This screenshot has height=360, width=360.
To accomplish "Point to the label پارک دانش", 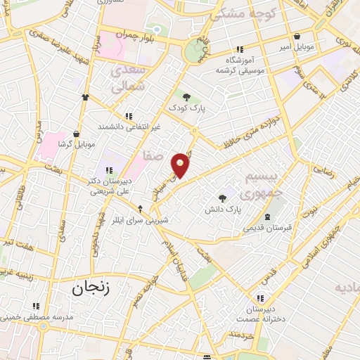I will pyautogui.click(x=223, y=210).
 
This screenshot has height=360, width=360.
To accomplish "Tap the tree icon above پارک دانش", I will pyautogui.click(x=223, y=198).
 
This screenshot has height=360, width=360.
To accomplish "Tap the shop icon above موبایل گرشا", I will pyautogui.click(x=75, y=133).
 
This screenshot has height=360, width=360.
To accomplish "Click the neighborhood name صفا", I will pyautogui.click(x=153, y=154).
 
